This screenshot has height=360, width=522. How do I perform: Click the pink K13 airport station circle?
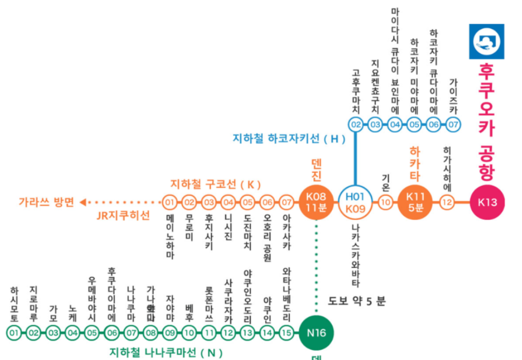(487, 202)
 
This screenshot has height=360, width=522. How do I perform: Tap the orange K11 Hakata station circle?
(415, 202)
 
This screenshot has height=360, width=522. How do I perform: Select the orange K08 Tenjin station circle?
(316, 202)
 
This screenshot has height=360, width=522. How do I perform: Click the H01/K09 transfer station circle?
(355, 202)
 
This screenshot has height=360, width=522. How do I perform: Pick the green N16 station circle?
(316, 333)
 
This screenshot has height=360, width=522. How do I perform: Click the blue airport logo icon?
(487, 41)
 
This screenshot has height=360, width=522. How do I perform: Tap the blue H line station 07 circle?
(453, 124)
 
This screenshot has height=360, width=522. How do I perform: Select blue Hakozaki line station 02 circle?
(356, 124)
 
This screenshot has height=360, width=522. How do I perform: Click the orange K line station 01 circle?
(169, 202)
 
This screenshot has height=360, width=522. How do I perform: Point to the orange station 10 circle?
(385, 202)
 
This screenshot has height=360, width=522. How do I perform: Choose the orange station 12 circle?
(447, 202)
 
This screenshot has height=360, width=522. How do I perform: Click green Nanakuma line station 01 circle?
(14, 333)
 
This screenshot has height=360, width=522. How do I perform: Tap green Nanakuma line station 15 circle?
(287, 333)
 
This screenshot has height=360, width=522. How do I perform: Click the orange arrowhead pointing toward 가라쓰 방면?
(83, 202)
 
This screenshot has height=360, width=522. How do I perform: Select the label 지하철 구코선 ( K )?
(215, 185)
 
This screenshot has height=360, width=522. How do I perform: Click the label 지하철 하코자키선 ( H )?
(289, 139)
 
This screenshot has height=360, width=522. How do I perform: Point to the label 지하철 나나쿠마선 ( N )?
(166, 352)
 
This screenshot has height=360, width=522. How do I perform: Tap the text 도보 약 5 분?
(356, 301)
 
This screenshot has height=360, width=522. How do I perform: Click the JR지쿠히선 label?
(123, 215)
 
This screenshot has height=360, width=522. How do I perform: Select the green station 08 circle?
(150, 333)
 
